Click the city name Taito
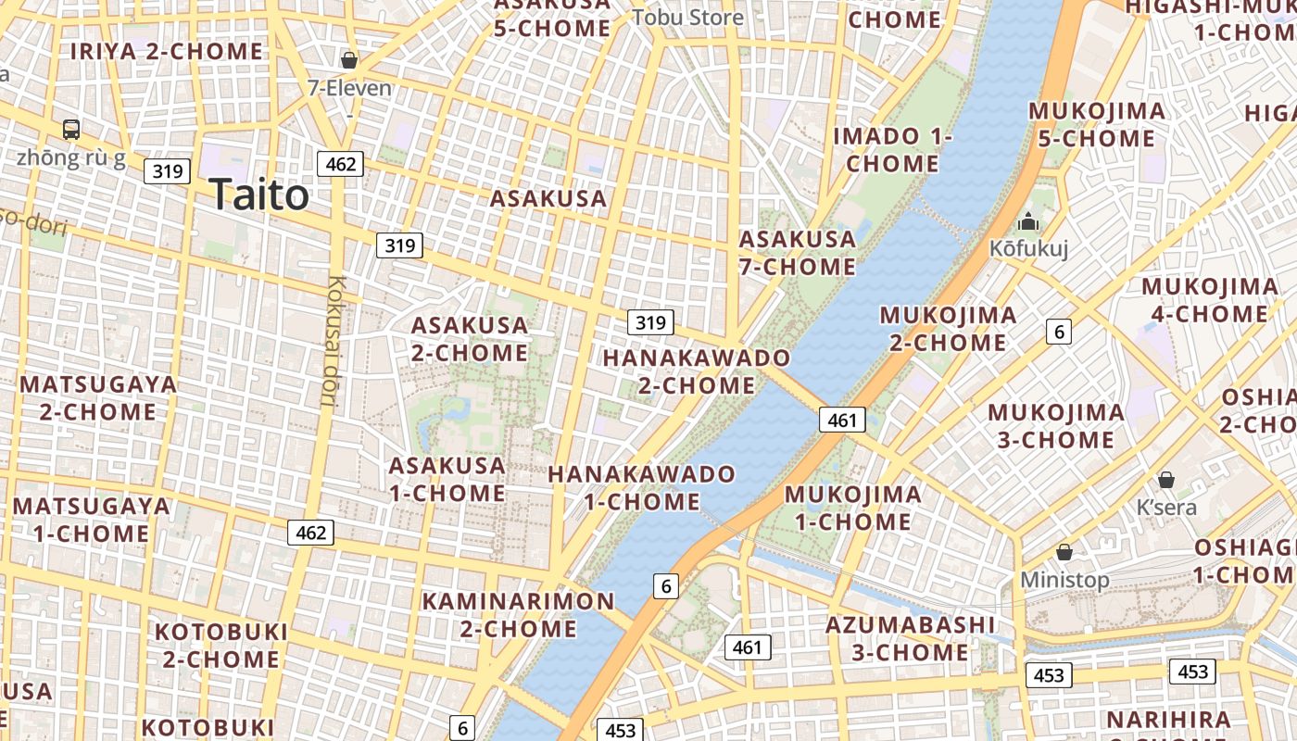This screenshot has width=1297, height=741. pyautogui.click(x=258, y=195)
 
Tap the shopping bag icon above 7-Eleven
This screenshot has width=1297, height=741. pyautogui.click(x=349, y=60)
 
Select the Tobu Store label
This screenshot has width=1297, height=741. pyautogui.click(x=687, y=17)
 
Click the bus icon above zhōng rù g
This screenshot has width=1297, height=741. pyautogui.click(x=71, y=129)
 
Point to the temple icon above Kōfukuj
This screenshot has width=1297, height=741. pyautogui.click(x=1028, y=222)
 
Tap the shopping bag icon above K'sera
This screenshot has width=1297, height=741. pyautogui.click(x=1166, y=480)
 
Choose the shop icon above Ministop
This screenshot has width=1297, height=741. pyautogui.click(x=1064, y=552)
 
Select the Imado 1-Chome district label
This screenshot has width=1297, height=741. pyautogui.click(x=892, y=150)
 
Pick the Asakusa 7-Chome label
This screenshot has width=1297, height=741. pyautogui.click(x=797, y=253)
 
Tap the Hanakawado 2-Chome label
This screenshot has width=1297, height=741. pyautogui.click(x=697, y=370)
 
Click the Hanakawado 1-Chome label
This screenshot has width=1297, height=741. pyautogui.click(x=641, y=488)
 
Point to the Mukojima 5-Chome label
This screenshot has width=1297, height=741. pyautogui.click(x=1097, y=125)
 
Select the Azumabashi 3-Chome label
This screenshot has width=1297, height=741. pyautogui.click(x=910, y=638)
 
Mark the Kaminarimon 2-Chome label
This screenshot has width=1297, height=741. pyautogui.click(x=518, y=615)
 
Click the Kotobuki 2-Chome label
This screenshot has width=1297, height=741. pyautogui.click(x=220, y=646)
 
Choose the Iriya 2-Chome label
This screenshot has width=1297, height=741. pyautogui.click(x=167, y=51)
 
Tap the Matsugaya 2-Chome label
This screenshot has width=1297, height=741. pyautogui.click(x=97, y=397)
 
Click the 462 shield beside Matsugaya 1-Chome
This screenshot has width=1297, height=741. pyautogui.click(x=310, y=533)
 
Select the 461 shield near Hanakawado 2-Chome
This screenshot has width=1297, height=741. pyautogui.click(x=842, y=420)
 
